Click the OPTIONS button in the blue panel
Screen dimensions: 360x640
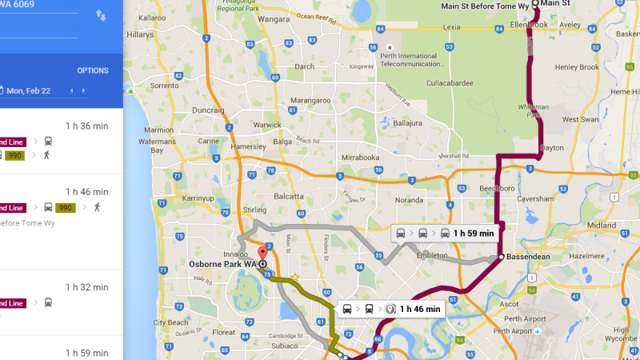pos(93,70)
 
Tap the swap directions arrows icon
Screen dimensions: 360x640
pos(101,15)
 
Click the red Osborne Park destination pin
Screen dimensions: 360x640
pos(262,254)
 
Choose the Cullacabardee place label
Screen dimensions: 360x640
pos(451,82)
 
